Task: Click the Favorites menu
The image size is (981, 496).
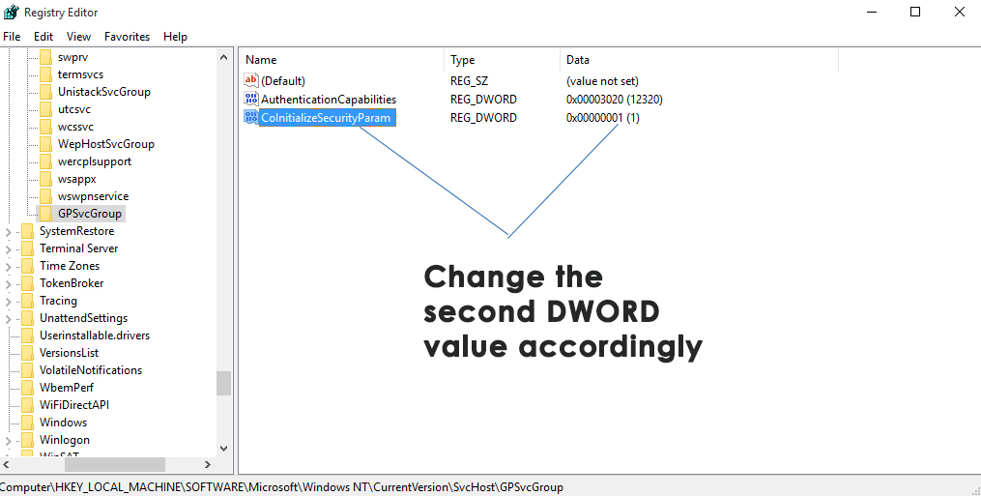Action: pyautogui.click(x=127, y=37)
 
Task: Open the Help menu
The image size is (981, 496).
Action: pyautogui.click(x=175, y=37)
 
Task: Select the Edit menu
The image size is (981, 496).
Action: pyautogui.click(x=43, y=37)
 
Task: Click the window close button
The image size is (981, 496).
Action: pyautogui.click(x=959, y=12)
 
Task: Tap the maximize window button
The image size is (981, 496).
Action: pyautogui.click(x=915, y=12)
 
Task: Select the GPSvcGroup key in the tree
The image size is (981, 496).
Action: pyautogui.click(x=90, y=214)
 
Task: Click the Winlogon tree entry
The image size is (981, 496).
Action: pyautogui.click(x=65, y=440)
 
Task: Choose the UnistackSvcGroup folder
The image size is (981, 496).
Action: pyautogui.click(x=103, y=92)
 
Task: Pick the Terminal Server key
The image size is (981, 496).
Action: pyautogui.click(x=79, y=248)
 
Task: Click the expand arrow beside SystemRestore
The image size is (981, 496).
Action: pyautogui.click(x=8, y=232)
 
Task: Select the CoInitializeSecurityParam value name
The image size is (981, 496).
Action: pyautogui.click(x=326, y=118)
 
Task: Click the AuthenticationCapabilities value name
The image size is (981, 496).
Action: pyautogui.click(x=329, y=99)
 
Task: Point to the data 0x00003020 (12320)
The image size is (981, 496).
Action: pyautogui.click(x=615, y=99)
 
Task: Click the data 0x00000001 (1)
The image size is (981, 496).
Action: pyautogui.click(x=602, y=118)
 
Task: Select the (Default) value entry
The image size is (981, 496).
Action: pyautogui.click(x=283, y=81)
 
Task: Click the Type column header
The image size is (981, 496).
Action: pyautogui.click(x=462, y=60)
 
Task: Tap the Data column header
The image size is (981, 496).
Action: pyautogui.click(x=577, y=60)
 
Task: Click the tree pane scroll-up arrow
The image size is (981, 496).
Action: pyautogui.click(x=224, y=57)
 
